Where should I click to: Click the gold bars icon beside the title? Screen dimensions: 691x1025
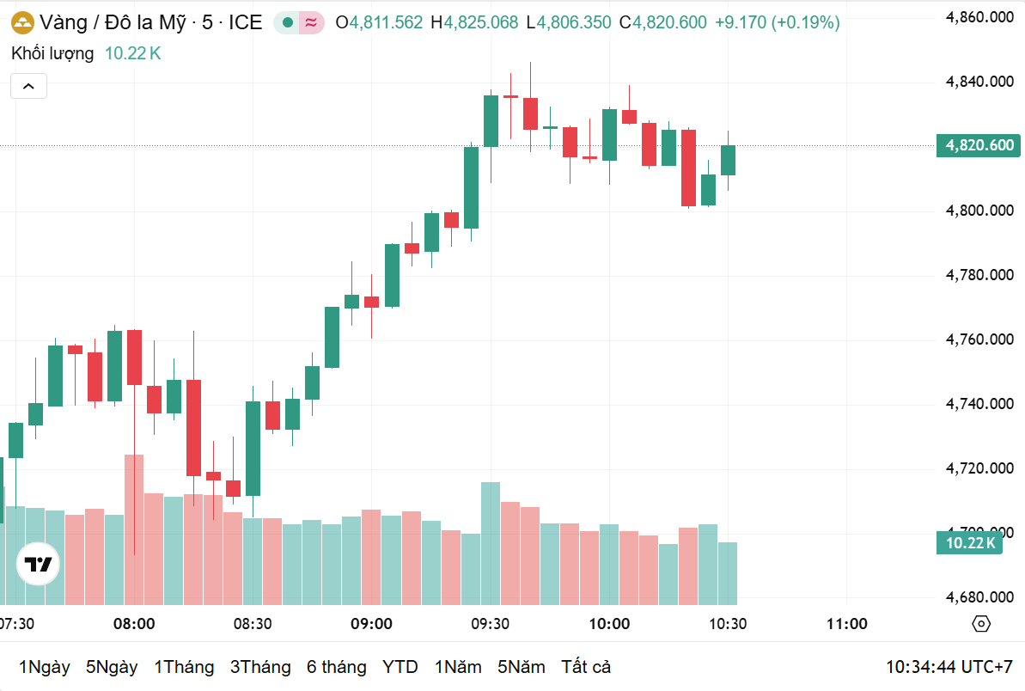[x=21, y=22]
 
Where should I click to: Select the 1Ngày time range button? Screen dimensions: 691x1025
[x=44, y=667]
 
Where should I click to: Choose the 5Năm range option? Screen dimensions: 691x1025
[x=521, y=667]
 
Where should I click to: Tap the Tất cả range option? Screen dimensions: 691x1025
[x=585, y=667]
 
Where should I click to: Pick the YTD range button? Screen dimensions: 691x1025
[x=400, y=667]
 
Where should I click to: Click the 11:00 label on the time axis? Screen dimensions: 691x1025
[x=846, y=624]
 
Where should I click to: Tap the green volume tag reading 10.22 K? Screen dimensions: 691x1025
[x=970, y=542]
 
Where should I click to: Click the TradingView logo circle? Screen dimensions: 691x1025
[x=39, y=565]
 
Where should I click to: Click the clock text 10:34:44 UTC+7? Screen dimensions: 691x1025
[x=949, y=667]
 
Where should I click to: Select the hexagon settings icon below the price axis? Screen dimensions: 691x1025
[x=981, y=624]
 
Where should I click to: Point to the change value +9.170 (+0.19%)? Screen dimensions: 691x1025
[x=777, y=23]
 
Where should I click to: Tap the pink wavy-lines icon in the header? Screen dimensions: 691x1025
[x=311, y=23]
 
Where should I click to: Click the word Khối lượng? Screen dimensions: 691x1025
[x=52, y=53]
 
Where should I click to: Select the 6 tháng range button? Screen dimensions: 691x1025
[x=336, y=667]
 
